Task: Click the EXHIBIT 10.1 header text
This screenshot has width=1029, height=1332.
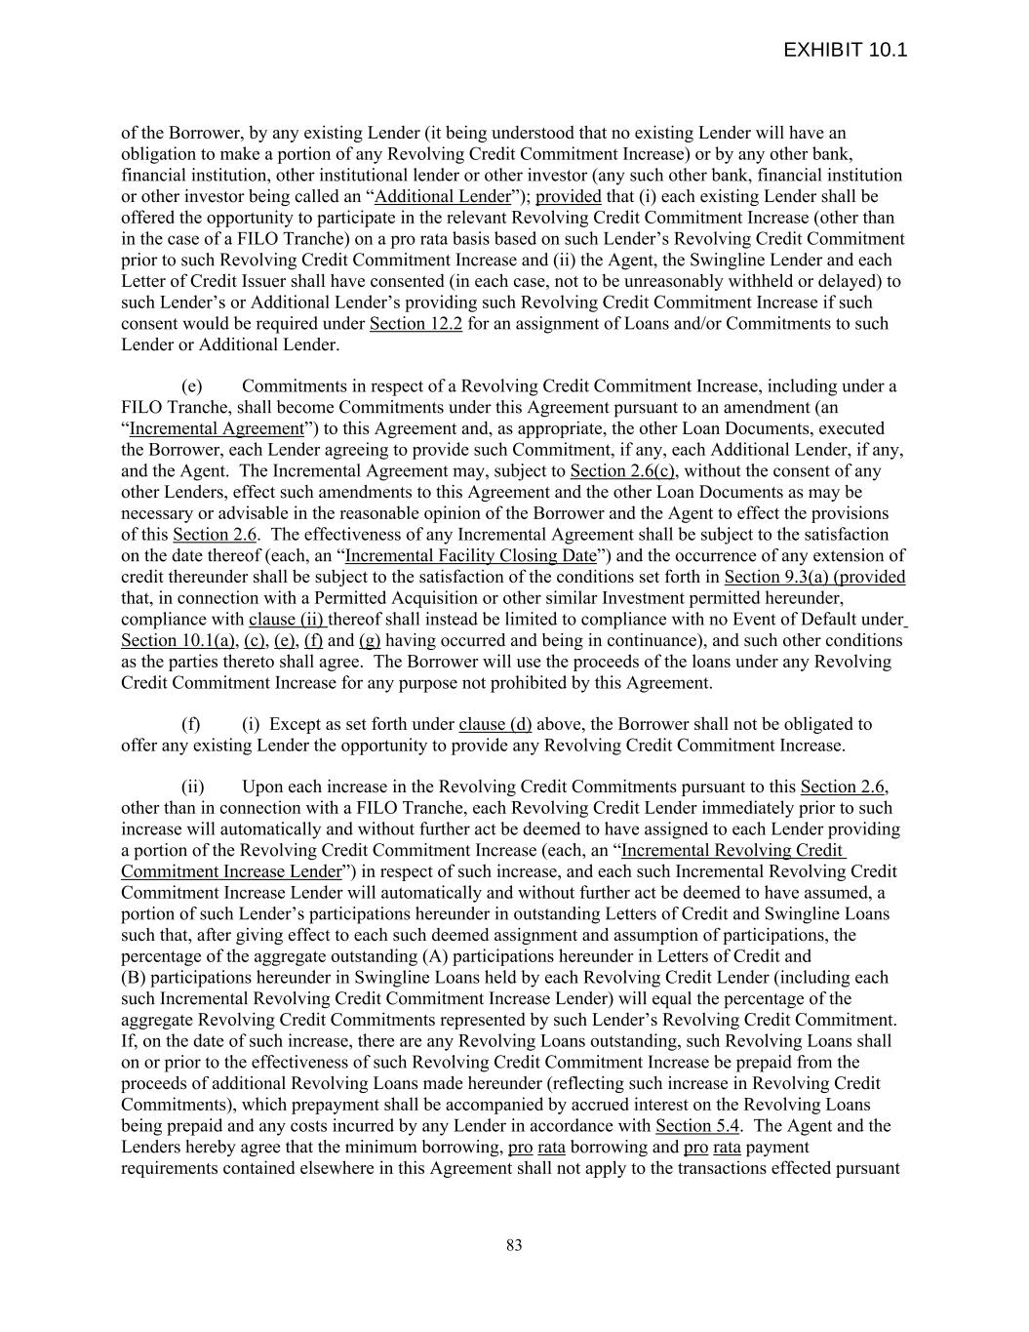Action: click(x=845, y=51)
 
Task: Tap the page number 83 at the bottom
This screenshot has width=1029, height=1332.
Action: click(x=514, y=1245)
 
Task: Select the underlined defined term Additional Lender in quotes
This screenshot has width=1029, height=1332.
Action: click(x=443, y=196)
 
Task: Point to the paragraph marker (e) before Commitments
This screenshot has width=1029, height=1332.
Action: click(x=192, y=386)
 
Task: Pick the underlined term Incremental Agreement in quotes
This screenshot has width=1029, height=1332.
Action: click(x=217, y=428)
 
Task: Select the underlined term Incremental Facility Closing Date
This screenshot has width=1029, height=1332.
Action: click(x=470, y=556)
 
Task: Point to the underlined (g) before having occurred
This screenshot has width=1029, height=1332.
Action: click(x=370, y=641)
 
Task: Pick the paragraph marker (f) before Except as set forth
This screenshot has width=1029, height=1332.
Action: click(x=191, y=725)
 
